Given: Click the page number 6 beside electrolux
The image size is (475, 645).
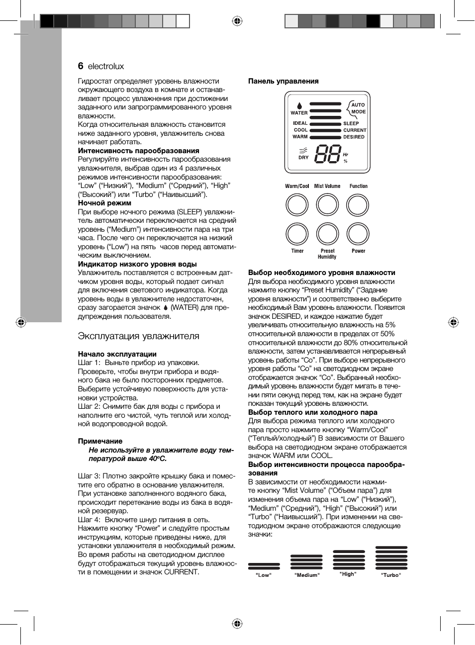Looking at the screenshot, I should click(x=81, y=66).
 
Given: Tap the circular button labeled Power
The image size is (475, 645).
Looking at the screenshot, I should click(x=358, y=234).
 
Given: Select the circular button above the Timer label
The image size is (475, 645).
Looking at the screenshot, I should click(x=297, y=234).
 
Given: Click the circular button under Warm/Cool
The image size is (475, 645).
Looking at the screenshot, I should click(x=297, y=205).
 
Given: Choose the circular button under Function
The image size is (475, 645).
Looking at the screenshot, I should click(x=358, y=205).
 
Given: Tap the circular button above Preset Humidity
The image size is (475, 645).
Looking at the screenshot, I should click(x=327, y=234).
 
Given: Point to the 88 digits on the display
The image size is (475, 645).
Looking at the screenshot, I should click(x=328, y=154).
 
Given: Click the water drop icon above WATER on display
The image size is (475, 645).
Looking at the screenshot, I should click(x=299, y=105).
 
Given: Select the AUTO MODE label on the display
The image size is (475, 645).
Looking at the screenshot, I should click(x=358, y=108).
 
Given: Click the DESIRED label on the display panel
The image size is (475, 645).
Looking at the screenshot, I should click(x=354, y=137).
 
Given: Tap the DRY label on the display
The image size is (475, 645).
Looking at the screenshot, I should click(x=303, y=158).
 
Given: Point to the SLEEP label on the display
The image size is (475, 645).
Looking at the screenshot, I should click(x=351, y=123).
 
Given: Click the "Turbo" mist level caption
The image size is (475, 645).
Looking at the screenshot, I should click(x=391, y=575).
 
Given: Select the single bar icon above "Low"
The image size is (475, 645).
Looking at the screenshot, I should click(x=264, y=566).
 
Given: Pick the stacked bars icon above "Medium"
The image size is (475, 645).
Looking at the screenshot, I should click(x=307, y=562).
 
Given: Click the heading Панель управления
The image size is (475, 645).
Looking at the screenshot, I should click(x=283, y=81).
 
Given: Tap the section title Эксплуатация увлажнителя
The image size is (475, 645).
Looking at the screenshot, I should click(x=138, y=336).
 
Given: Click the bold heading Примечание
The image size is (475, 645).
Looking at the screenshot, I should click(x=100, y=441).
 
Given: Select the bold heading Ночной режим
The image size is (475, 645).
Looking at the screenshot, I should click(x=104, y=203).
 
